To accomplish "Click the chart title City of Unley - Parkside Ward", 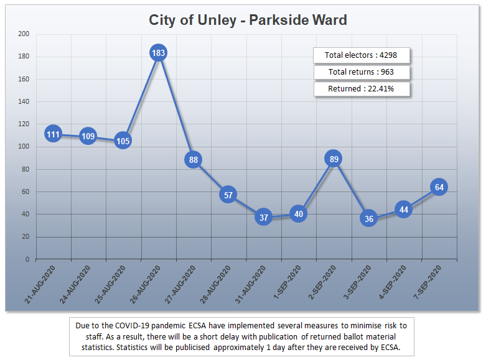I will click(248, 20).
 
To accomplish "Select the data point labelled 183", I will click(158, 53).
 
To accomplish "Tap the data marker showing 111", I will click(53, 134).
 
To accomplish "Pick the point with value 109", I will click(88, 136).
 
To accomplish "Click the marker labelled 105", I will click(123, 141).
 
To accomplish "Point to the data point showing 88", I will click(194, 160).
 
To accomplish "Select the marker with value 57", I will click(228, 195).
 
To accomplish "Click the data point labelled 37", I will click(263, 217).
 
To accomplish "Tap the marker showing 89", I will click(334, 159).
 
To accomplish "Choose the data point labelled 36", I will click(369, 218).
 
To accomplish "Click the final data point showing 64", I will click(439, 187).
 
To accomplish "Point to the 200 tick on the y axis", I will click(24, 34).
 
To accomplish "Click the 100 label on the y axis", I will click(24, 147).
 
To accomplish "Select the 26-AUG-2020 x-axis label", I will click(146, 284).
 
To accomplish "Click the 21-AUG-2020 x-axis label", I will click(41, 284).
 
